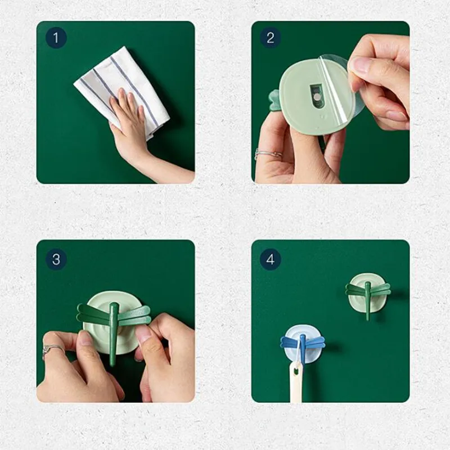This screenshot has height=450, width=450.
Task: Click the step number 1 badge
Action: click(x=56, y=38)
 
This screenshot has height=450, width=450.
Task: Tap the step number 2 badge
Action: click(x=271, y=38)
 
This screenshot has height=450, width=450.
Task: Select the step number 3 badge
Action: click(x=56, y=259)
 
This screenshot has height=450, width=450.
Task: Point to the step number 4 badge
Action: click(x=271, y=259)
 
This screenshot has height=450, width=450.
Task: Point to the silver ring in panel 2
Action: click(x=268, y=154)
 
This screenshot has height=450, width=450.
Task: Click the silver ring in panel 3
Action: click(x=52, y=350)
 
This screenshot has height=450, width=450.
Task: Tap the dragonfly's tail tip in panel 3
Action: click(x=112, y=364)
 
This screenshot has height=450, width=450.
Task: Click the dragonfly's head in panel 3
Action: click(x=115, y=306)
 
